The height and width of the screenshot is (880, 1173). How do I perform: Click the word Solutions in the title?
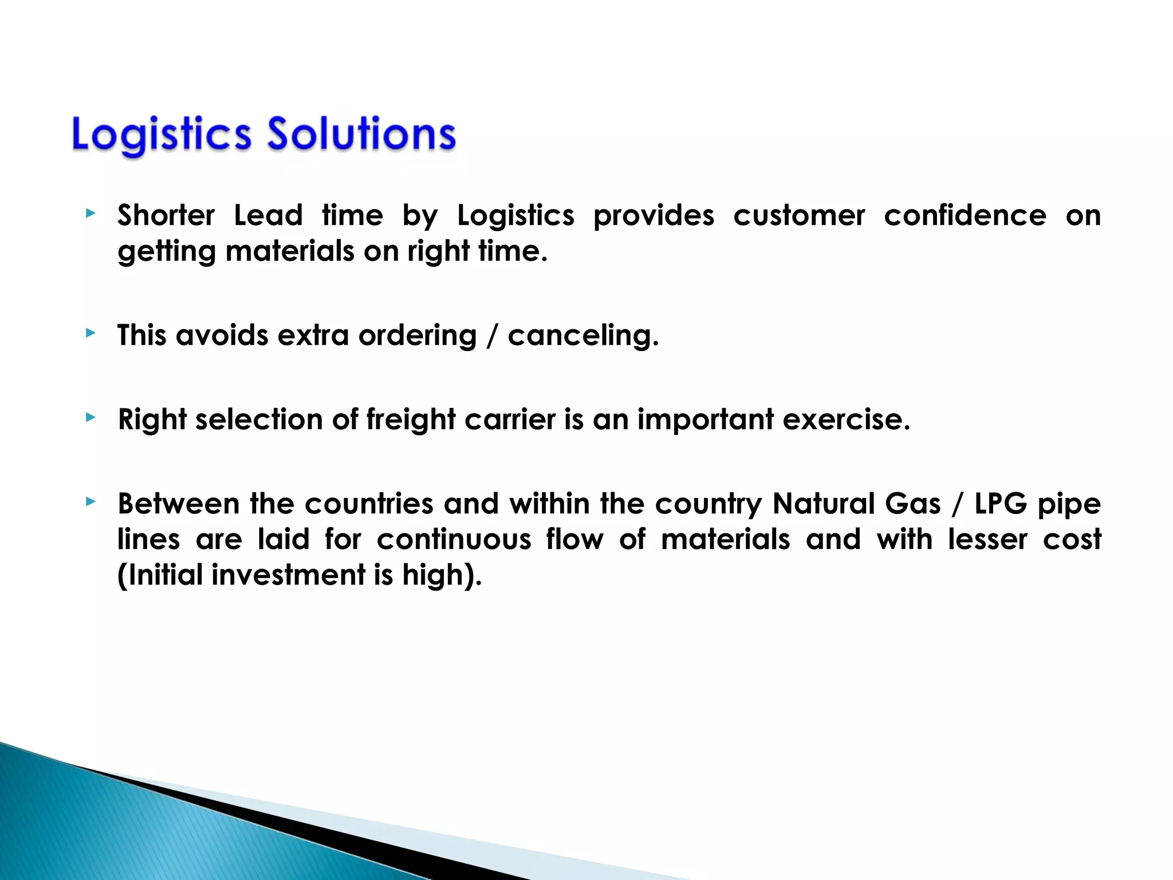(361, 134)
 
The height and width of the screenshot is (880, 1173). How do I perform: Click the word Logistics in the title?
(162, 135)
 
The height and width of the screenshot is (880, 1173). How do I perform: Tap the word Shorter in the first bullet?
(166, 216)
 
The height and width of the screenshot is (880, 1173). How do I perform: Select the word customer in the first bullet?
(799, 216)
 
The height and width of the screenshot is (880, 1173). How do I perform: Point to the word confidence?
(965, 216)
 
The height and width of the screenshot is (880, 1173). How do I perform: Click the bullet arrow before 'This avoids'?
(90, 333)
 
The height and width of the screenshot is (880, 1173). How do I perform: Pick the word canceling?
(583, 336)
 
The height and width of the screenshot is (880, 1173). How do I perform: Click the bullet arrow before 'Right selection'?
(90, 417)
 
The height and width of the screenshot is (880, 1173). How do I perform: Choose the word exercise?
(846, 420)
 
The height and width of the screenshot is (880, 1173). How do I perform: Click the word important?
(706, 420)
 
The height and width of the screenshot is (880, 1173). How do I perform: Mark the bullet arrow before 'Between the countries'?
(90, 502)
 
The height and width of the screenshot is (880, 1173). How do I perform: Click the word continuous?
(454, 540)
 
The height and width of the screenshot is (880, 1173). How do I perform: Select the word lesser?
(987, 540)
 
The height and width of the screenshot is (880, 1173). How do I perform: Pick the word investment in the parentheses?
(288, 575)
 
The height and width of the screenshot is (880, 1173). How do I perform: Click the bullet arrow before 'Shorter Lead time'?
(90, 214)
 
